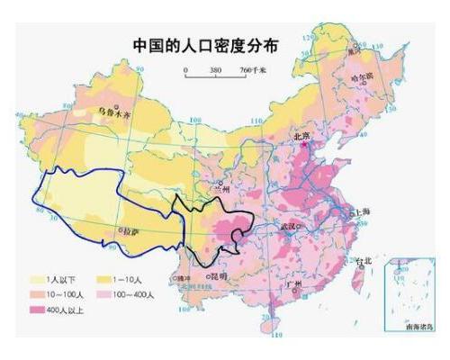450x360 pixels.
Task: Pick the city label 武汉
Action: tap(289, 225)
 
